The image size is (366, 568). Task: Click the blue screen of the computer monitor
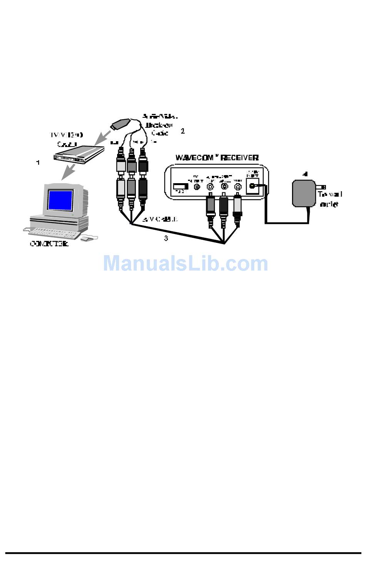point(60,200)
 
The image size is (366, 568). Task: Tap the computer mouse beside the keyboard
point(86,239)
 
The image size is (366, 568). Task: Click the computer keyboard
point(54,232)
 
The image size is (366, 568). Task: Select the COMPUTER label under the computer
point(49,244)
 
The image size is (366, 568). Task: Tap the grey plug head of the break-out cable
point(121,124)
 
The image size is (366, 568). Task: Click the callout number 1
point(38,163)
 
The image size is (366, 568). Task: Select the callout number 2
point(183,131)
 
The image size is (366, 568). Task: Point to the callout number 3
point(166,238)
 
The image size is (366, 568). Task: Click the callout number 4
point(306,174)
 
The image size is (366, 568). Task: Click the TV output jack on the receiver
point(197,187)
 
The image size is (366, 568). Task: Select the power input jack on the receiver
point(253,186)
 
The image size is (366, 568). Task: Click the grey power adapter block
point(303,193)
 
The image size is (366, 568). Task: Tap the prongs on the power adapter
point(320,187)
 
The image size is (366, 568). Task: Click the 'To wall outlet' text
point(330,199)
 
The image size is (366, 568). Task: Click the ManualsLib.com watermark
point(185,264)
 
